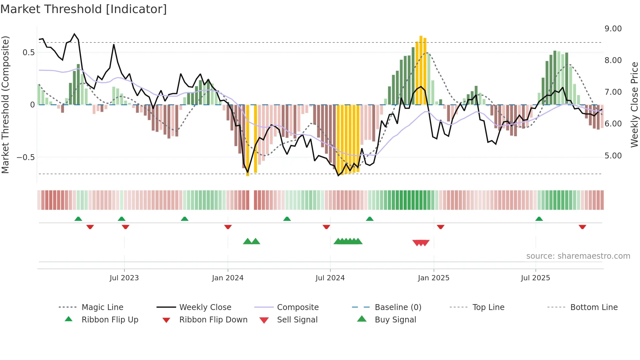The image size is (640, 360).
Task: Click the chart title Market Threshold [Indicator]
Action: tap(84, 9)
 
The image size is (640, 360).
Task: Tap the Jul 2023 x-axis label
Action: tap(124, 278)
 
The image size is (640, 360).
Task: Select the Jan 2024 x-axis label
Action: tap(228, 278)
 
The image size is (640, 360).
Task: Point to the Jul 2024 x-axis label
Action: tap(330, 278)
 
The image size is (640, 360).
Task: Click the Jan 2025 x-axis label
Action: tap(434, 278)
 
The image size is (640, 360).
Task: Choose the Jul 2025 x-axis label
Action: tap(536, 278)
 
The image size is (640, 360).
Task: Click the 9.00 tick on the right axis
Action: tap(613, 29)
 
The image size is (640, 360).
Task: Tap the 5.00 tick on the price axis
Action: tap(613, 156)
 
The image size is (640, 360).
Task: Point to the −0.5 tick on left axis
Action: tap(25, 157)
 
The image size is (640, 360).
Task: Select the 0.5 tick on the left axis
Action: tap(28, 53)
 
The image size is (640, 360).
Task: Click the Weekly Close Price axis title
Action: tap(634, 105)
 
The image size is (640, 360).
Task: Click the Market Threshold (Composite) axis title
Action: tap(5, 105)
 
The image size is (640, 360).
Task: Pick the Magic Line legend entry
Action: tap(102, 307)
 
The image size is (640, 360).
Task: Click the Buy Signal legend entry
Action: tap(395, 320)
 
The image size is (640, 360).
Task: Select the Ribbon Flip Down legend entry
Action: tap(213, 320)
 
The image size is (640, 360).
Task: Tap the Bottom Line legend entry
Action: tap(594, 307)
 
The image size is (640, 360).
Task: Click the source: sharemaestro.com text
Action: tap(578, 256)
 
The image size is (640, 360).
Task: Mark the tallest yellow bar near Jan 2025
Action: tap(421, 70)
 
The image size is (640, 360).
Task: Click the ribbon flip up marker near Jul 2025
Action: tap(539, 219)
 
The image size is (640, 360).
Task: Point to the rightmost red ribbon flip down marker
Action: tap(582, 227)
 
